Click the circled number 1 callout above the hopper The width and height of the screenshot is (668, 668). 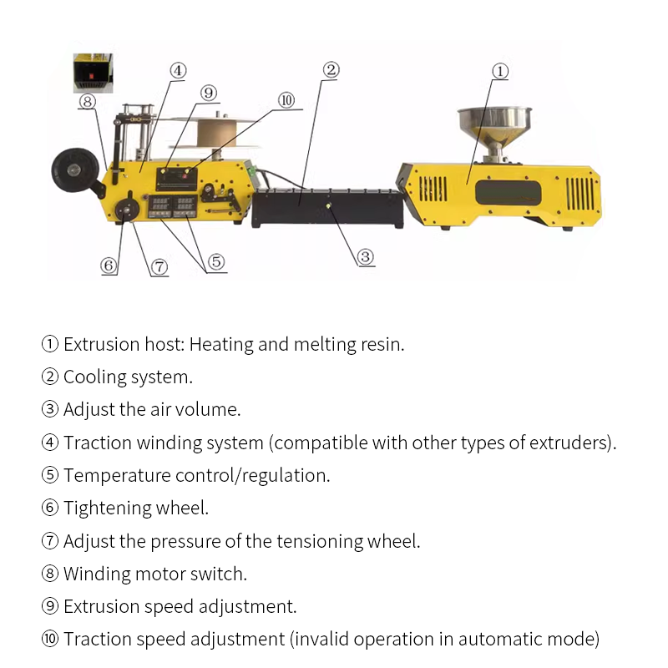500,71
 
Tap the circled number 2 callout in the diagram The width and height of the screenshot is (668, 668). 331,70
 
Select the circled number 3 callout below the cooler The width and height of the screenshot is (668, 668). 365,257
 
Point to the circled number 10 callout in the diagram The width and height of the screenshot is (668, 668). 286,100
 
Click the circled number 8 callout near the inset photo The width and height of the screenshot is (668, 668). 88,101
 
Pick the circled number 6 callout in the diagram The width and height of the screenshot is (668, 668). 109,266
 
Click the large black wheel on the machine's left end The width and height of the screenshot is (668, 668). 75,170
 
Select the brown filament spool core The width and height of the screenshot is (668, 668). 217,133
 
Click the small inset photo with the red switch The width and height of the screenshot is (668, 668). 93,73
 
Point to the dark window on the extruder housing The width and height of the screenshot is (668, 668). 509,192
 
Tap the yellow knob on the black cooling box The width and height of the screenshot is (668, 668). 328,205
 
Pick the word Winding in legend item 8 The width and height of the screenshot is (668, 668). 97,574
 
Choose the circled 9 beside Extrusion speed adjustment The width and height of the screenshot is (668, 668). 50,606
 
